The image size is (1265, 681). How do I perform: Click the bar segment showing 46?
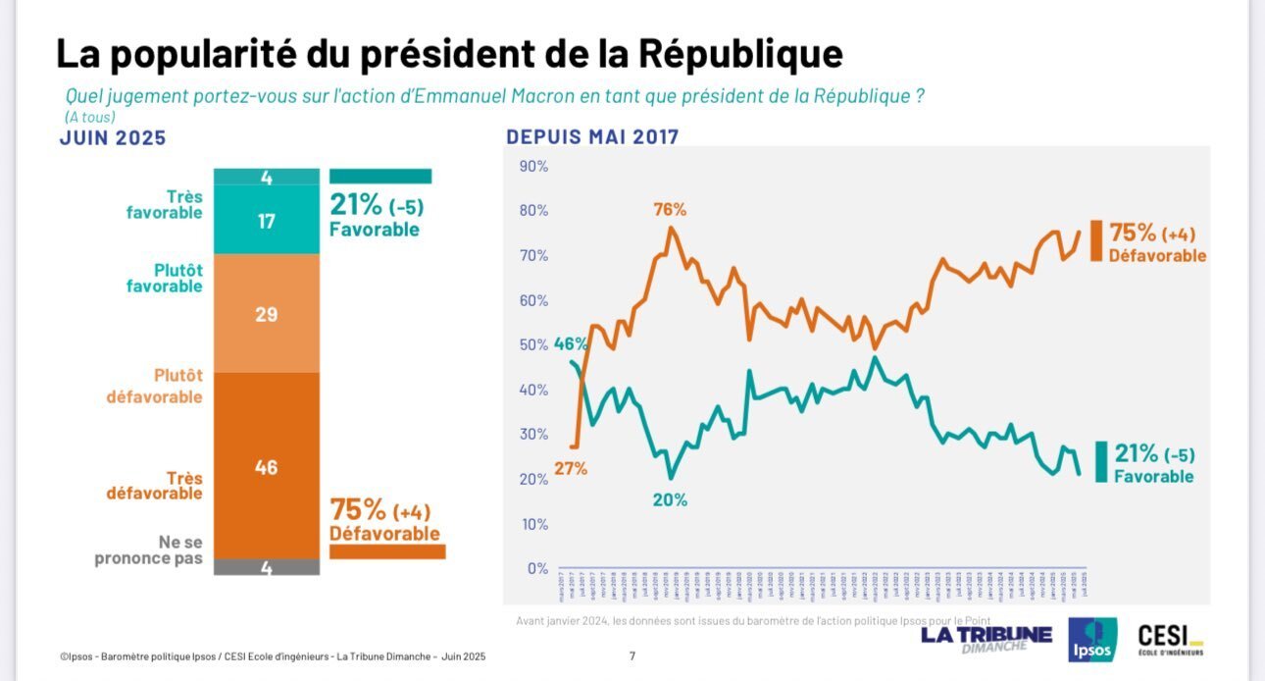click(x=266, y=466)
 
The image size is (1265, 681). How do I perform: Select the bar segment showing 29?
click(x=266, y=314)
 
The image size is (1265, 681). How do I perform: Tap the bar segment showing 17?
click(x=266, y=221)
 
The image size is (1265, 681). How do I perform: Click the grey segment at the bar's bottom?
click(x=266, y=567)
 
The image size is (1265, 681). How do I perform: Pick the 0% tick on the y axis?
click(x=537, y=568)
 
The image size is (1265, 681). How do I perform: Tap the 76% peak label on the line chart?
click(x=671, y=209)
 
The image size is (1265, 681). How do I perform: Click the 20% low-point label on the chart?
click(x=670, y=499)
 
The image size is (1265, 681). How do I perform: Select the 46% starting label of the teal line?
click(x=571, y=344)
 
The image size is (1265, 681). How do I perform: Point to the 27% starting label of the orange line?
click(x=570, y=468)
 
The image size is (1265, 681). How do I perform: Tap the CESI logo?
click(x=1170, y=640)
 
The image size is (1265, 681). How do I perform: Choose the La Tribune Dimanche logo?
click(x=986, y=638)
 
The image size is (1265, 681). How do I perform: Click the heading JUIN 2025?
click(x=113, y=138)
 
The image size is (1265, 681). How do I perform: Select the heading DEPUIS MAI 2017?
click(x=592, y=137)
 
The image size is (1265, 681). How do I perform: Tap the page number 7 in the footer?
click(x=632, y=656)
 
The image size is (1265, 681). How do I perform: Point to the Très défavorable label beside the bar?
click(x=155, y=486)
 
